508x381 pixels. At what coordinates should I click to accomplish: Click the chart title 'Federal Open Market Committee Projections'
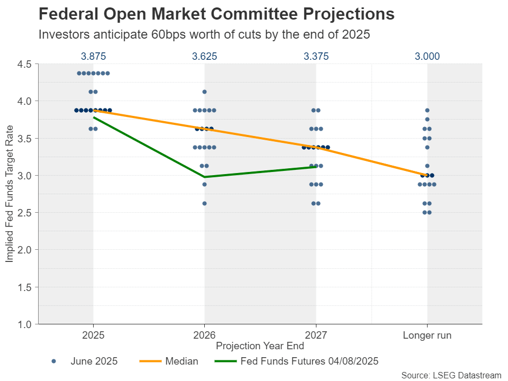click(x=216, y=14)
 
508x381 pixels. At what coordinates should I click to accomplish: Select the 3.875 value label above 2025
click(x=93, y=57)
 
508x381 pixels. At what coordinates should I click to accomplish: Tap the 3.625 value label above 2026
click(x=204, y=57)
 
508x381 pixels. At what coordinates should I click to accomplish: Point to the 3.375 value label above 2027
click(x=316, y=57)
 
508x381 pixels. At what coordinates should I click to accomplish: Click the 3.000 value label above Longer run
click(x=427, y=57)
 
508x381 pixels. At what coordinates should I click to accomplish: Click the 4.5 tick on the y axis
click(x=25, y=64)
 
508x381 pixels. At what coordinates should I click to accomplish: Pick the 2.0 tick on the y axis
click(x=25, y=250)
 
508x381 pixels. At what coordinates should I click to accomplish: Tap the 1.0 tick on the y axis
click(x=25, y=324)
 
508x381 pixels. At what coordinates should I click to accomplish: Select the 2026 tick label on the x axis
click(x=204, y=335)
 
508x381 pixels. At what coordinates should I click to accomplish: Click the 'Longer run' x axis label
click(x=427, y=335)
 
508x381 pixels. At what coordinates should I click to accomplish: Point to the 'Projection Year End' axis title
click(x=260, y=346)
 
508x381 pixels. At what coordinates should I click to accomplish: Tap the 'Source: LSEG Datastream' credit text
click(x=451, y=375)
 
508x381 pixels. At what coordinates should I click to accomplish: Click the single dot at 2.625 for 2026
click(x=204, y=203)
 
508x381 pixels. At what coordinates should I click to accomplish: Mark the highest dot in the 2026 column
click(x=204, y=92)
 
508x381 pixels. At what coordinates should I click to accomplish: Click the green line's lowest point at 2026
click(x=204, y=177)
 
